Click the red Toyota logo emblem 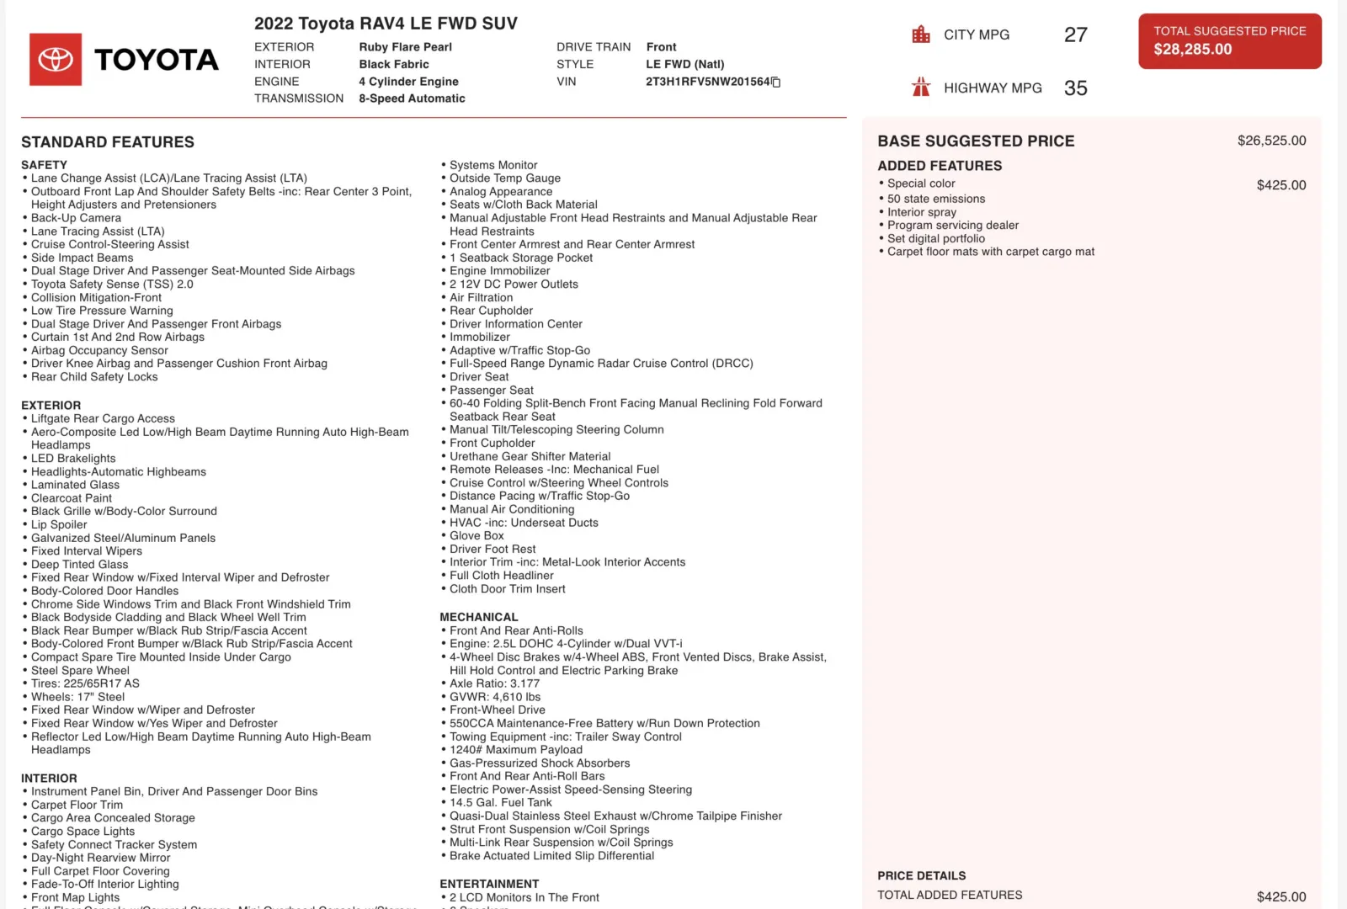tap(56, 60)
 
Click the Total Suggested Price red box tap(1229, 41)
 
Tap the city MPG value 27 tap(1075, 35)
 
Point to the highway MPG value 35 tap(1075, 88)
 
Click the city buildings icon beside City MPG tap(921, 35)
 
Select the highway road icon tap(921, 88)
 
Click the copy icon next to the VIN tap(776, 82)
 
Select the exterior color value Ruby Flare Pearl tap(405, 47)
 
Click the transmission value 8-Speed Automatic tap(412, 98)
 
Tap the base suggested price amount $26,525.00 tap(1271, 141)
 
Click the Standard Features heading tap(108, 142)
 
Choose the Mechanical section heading tap(478, 617)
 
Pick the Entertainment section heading tap(489, 884)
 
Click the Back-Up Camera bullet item tap(76, 218)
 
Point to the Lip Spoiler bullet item tap(59, 524)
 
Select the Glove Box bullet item tap(477, 535)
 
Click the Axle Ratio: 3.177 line tap(494, 683)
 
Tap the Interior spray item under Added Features tap(921, 212)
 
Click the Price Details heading tap(921, 875)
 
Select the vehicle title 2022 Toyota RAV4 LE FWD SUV tap(386, 24)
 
